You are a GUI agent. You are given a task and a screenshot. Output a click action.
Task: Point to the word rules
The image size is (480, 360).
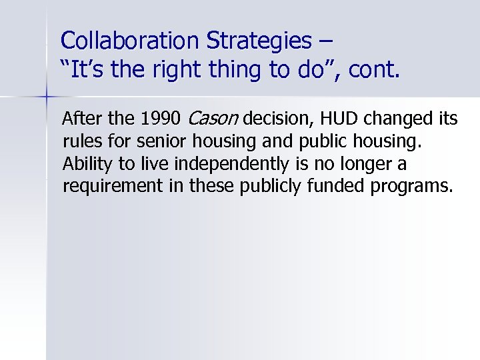(x=79, y=141)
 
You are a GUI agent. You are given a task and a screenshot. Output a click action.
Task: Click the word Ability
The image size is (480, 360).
(x=83, y=163)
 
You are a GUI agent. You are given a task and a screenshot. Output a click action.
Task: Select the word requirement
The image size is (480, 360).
(x=105, y=185)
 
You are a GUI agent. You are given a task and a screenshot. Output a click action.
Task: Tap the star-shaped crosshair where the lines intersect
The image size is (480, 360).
(x=47, y=97)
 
